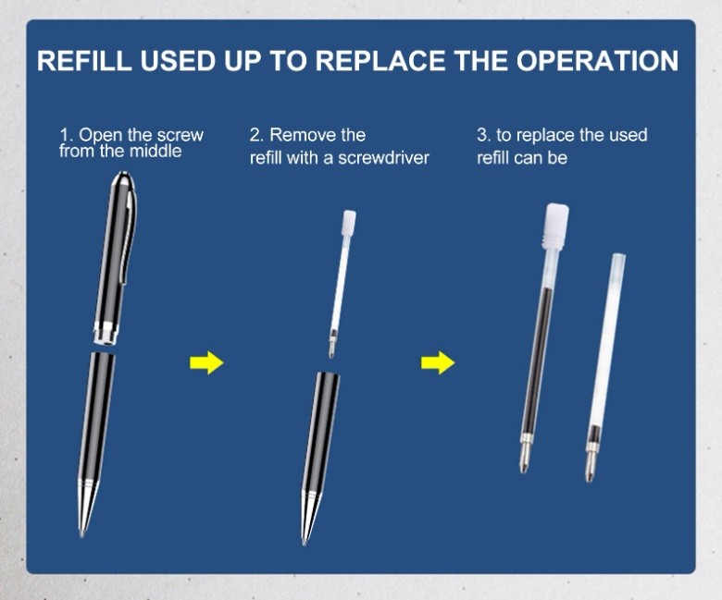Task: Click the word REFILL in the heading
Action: click(x=85, y=60)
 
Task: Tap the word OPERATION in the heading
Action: click(x=597, y=60)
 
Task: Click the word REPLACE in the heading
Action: click(x=380, y=60)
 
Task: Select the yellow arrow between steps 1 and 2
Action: click(x=206, y=362)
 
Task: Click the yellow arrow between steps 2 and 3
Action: click(x=438, y=362)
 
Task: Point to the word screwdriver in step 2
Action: click(x=383, y=158)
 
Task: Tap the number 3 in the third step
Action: click(x=481, y=135)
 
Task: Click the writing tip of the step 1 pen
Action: click(x=82, y=533)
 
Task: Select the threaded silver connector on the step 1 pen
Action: click(x=106, y=333)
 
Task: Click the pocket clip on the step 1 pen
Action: click(x=130, y=235)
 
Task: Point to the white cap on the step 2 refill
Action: click(x=349, y=222)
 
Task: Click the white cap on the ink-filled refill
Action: click(x=556, y=227)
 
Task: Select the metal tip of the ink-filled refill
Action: click(x=526, y=454)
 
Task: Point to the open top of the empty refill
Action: click(x=618, y=257)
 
